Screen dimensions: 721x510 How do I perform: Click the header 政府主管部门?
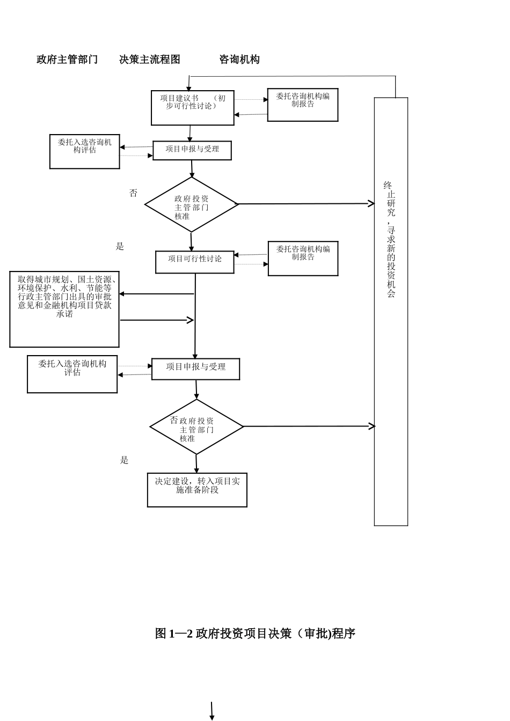coord(67,60)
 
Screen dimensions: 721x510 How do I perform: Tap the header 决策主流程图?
coord(150,60)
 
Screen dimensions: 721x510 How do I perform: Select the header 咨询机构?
coord(239,60)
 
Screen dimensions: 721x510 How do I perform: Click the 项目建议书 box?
coord(193,108)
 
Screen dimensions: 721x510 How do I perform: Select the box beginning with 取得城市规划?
coord(64,309)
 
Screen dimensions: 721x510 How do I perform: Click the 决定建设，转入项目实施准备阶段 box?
coord(197,489)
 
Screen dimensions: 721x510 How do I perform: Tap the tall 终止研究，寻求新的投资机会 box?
coord(391,311)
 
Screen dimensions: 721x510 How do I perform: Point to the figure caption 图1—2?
coord(255,634)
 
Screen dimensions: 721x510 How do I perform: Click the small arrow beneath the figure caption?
coord(212,711)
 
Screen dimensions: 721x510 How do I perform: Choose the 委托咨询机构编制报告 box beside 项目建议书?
coord(303,105)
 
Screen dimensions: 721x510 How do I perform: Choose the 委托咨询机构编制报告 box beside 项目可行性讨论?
coord(303,259)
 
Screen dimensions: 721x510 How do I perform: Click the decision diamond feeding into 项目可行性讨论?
coord(192,205)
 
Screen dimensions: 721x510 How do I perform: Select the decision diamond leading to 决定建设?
coord(196,427)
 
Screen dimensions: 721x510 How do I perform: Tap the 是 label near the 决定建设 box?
coord(125,460)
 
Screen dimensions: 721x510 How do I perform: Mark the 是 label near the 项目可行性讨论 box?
coord(120,247)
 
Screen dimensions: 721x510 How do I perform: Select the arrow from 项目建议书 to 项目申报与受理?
coord(190,134)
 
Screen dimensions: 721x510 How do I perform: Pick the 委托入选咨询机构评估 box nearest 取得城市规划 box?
coord(72,374)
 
